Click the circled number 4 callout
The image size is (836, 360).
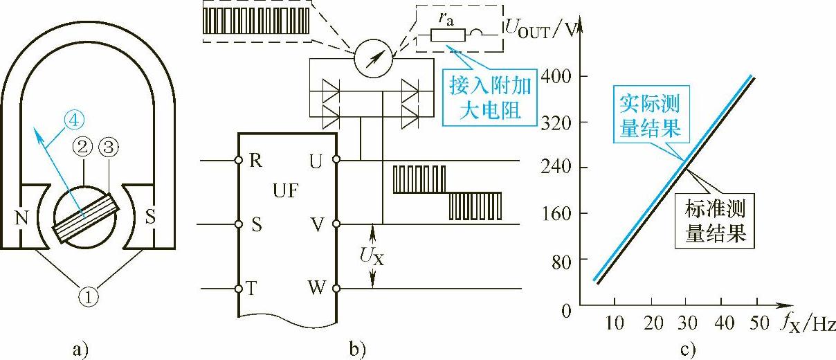point(76,118)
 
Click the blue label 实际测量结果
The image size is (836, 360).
point(649,116)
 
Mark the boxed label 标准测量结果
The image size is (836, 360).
point(716,221)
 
